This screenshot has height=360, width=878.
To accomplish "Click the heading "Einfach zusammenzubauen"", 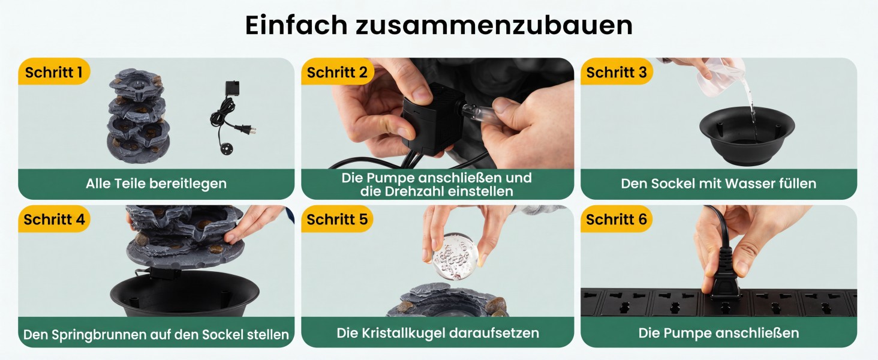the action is pyautogui.click(x=439, y=25).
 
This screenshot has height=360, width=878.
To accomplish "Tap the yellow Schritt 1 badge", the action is pyautogui.click(x=54, y=72).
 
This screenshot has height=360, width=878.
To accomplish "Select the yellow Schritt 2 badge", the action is pyautogui.click(x=337, y=72).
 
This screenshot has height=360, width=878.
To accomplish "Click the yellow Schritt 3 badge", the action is pyautogui.click(x=616, y=72).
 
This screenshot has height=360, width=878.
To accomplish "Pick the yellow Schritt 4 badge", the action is pyautogui.click(x=54, y=219).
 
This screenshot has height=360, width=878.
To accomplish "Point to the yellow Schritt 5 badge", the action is pyautogui.click(x=337, y=219).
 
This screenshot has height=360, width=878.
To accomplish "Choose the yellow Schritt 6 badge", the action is pyautogui.click(x=616, y=219).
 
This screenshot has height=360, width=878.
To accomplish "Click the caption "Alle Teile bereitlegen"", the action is pyautogui.click(x=156, y=184).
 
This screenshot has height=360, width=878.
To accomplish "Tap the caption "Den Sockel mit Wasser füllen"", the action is pyautogui.click(x=718, y=184).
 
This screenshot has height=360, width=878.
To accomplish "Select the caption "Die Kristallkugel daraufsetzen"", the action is pyautogui.click(x=438, y=333).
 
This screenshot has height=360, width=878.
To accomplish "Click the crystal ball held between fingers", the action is pyautogui.click(x=455, y=256).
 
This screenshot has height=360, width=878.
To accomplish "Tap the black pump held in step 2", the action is pyautogui.click(x=431, y=118).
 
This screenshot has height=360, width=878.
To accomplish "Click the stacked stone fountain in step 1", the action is pyautogui.click(x=139, y=116).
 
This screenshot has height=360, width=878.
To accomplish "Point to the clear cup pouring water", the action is pyautogui.click(x=719, y=77).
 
